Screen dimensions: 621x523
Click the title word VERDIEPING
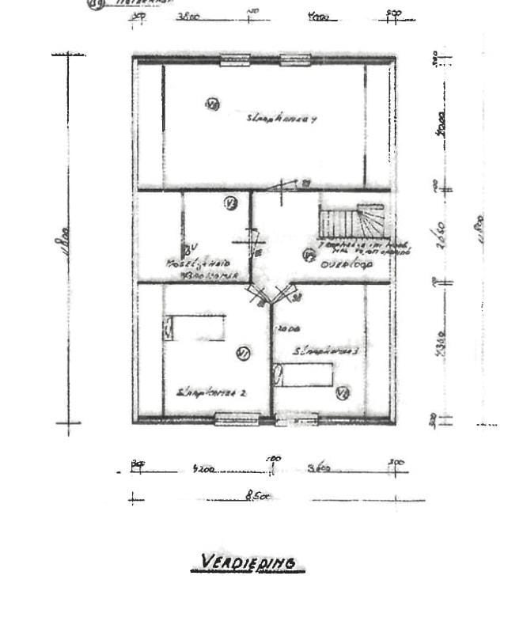[x=248, y=562]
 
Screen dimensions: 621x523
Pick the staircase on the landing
[x=351, y=222]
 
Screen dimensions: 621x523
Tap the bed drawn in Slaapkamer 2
[x=195, y=328]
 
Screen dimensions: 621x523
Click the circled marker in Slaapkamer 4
[x=211, y=104]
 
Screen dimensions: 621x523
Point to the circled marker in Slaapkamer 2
[x=243, y=354]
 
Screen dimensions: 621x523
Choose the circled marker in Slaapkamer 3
[x=343, y=392]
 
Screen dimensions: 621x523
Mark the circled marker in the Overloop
[x=309, y=255]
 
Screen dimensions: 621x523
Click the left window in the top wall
[x=235, y=59]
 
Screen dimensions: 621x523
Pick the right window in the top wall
[x=294, y=59]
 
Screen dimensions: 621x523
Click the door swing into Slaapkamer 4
[x=285, y=187]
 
